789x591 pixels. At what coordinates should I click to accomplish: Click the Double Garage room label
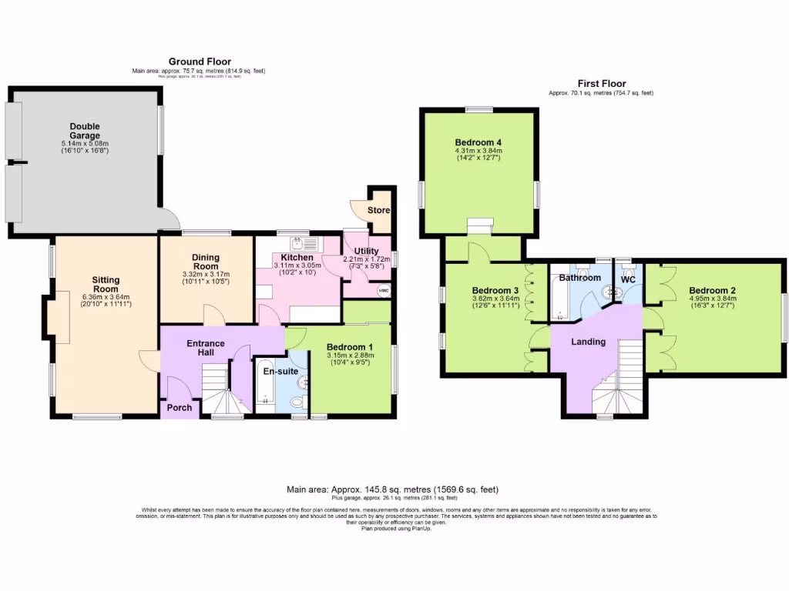click(x=85, y=131)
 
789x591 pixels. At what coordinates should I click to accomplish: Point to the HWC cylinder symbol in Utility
click(x=383, y=291)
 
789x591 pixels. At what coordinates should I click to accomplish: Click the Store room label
click(x=378, y=210)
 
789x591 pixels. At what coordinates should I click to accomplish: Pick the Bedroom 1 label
click(x=349, y=346)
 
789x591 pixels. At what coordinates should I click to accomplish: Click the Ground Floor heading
click(x=200, y=62)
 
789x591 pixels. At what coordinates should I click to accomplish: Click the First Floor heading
click(x=602, y=83)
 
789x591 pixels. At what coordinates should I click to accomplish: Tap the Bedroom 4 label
click(x=478, y=142)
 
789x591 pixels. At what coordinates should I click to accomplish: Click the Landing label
click(x=588, y=342)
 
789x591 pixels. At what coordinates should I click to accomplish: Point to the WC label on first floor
click(x=629, y=279)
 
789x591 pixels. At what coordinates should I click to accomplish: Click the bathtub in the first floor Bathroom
click(x=557, y=299)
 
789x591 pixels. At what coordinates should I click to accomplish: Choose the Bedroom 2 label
click(x=713, y=290)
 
